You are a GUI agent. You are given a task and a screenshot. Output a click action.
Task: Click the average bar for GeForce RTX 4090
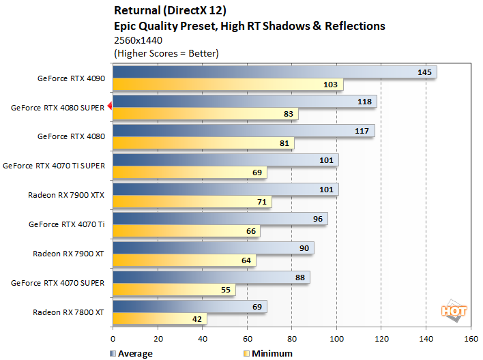point(273,72)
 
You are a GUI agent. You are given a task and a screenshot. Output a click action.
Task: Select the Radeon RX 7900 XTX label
point(66,194)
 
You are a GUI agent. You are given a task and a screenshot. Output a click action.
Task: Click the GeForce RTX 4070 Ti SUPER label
point(54,165)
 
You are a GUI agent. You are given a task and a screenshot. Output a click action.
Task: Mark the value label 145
point(424,72)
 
